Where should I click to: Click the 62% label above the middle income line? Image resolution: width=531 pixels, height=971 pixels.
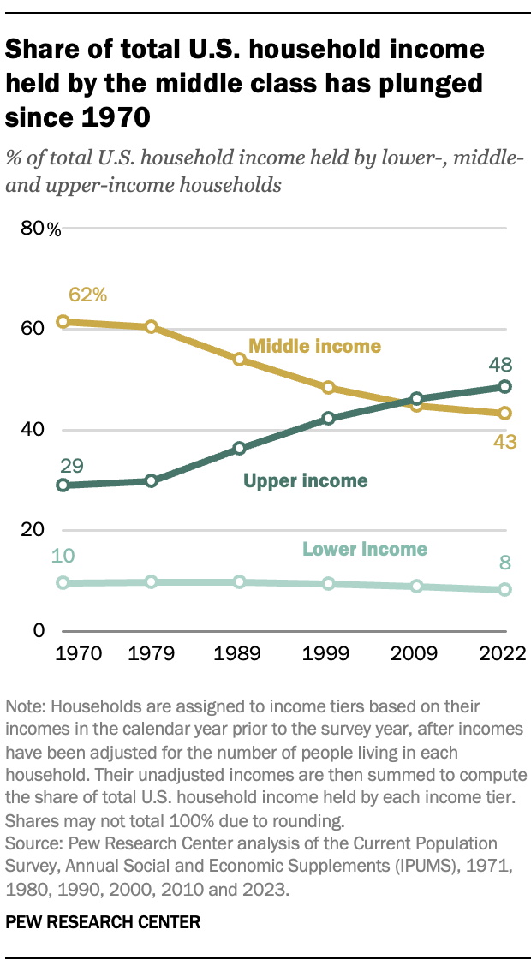pyautogui.click(x=88, y=295)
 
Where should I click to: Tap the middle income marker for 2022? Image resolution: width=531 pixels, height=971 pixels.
pyautogui.click(x=504, y=413)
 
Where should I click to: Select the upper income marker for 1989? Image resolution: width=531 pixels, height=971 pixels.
pyautogui.click(x=240, y=448)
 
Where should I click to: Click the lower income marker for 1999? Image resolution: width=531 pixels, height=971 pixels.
pyautogui.click(x=328, y=584)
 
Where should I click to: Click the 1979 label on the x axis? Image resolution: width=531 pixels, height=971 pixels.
pyautogui.click(x=151, y=654)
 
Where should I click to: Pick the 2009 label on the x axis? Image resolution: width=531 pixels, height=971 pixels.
pyautogui.click(x=416, y=654)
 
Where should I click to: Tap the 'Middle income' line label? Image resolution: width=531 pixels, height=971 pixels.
pyautogui.click(x=314, y=346)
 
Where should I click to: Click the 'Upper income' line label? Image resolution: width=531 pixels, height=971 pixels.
pyautogui.click(x=306, y=480)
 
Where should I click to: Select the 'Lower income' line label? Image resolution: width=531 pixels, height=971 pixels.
pyautogui.click(x=365, y=549)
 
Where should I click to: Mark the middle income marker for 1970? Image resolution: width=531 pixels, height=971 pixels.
pyautogui.click(x=62, y=322)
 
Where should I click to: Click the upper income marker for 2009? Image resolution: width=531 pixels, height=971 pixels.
pyautogui.click(x=416, y=398)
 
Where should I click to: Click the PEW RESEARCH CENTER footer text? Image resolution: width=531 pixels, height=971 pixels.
pyautogui.click(x=104, y=922)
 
